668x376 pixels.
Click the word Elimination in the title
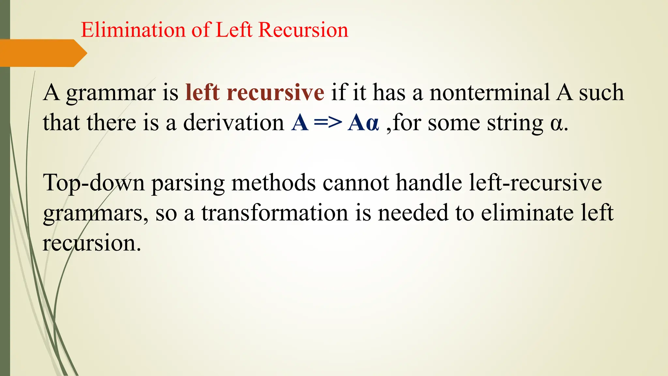point(133,30)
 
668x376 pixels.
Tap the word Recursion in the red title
point(303,30)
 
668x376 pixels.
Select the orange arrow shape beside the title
point(42,53)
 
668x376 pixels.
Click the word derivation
point(234,123)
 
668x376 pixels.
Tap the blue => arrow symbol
point(328,123)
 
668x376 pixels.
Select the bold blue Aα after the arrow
point(363,123)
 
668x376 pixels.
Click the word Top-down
point(94,183)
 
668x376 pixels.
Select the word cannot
point(356,183)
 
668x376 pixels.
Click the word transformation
point(275,213)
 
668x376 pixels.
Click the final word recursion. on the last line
point(92,243)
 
